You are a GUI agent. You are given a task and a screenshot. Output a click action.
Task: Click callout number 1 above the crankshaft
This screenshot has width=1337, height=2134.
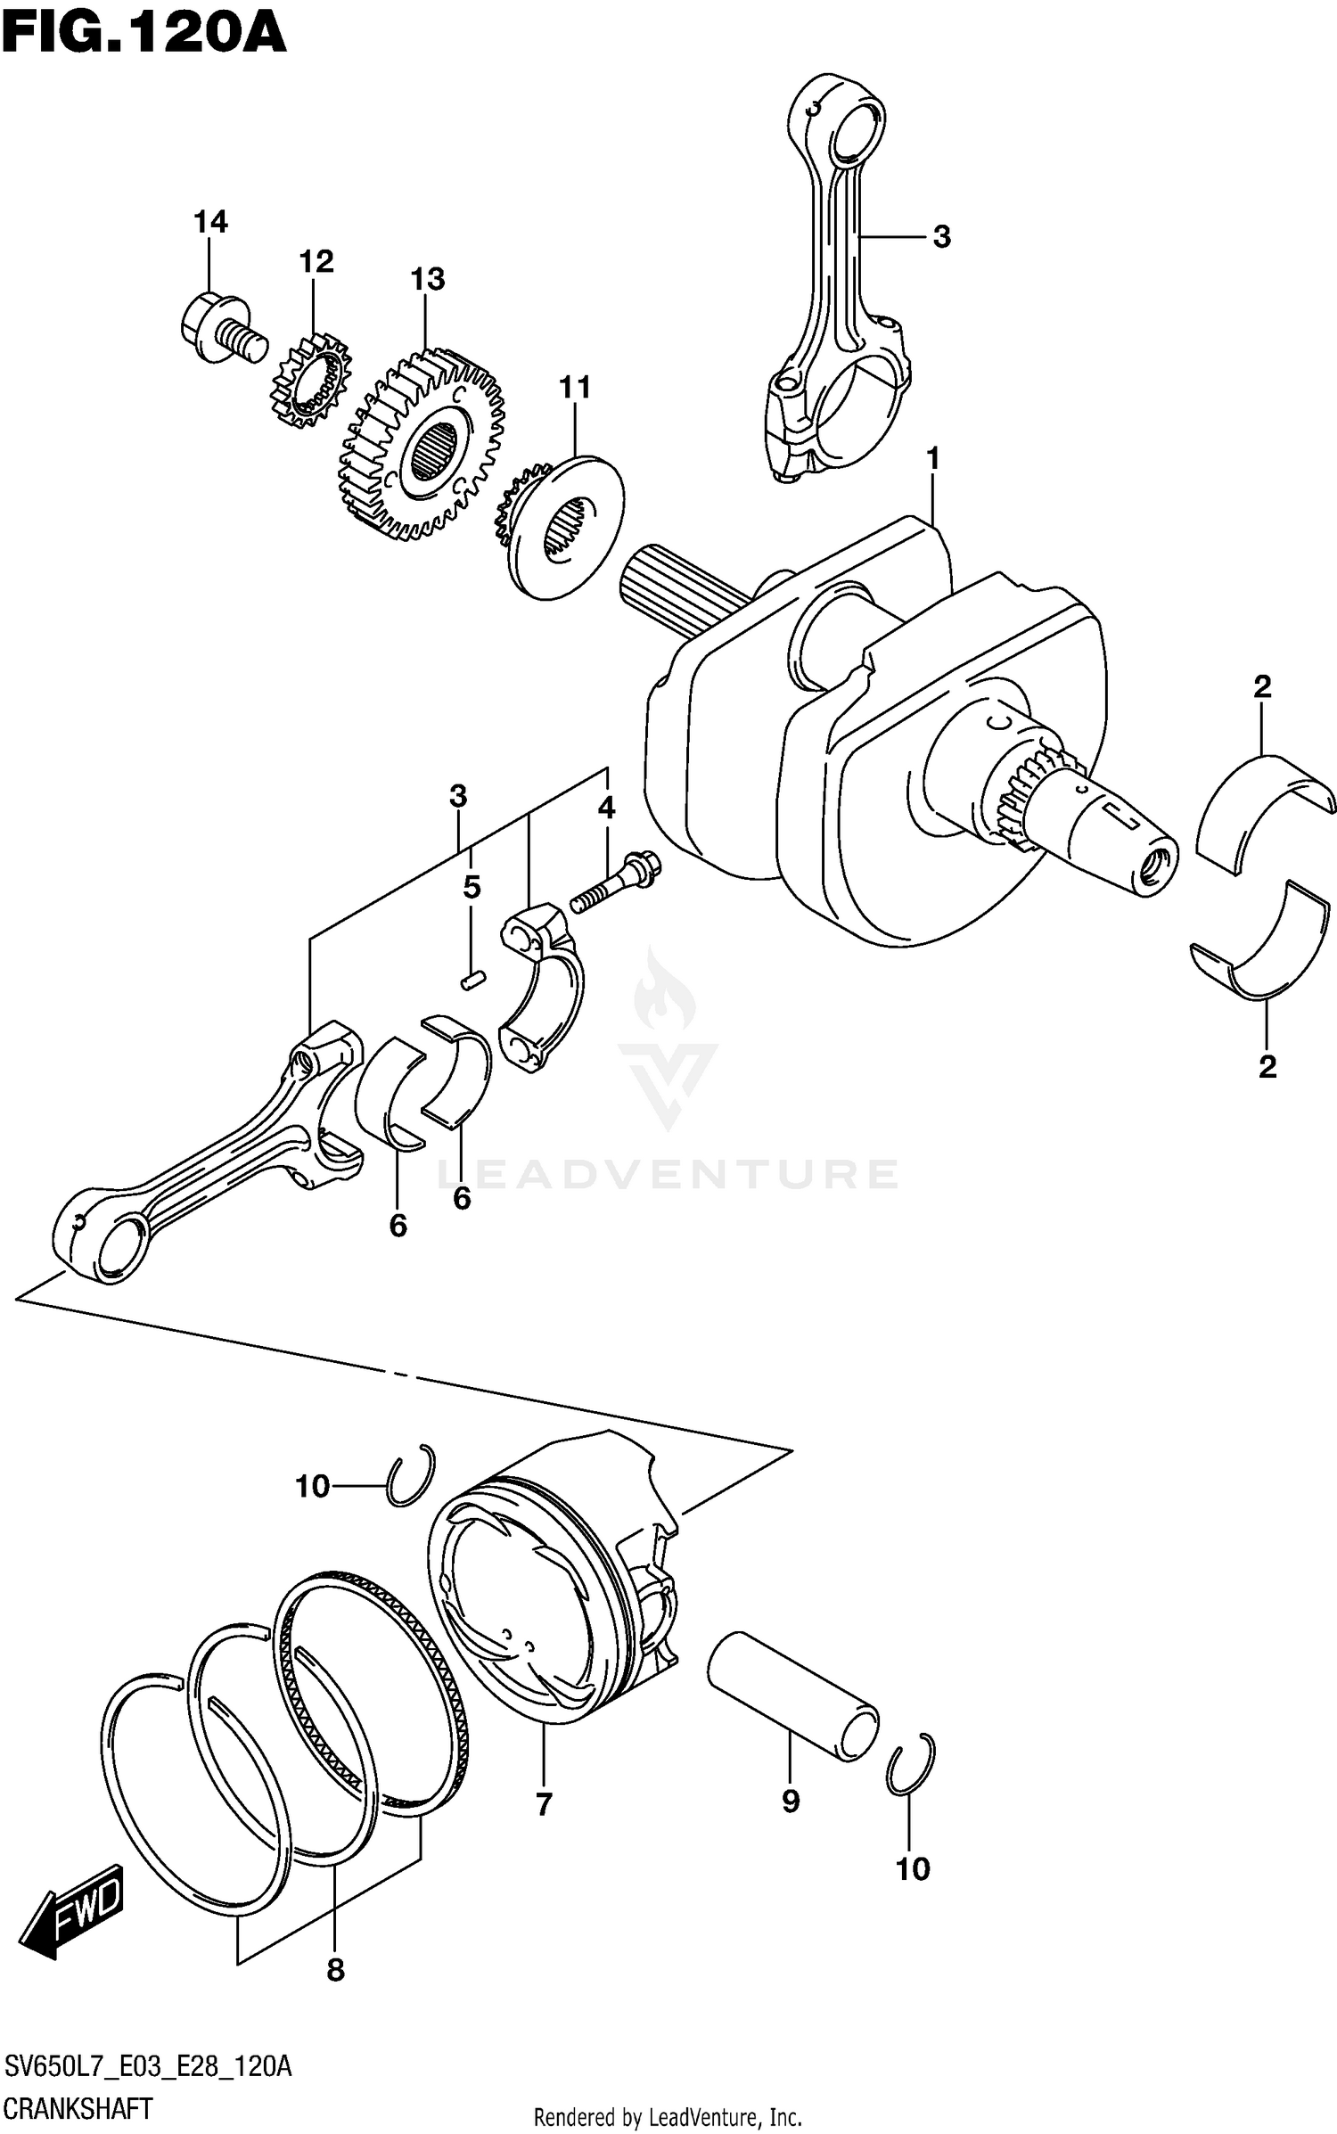[932, 459]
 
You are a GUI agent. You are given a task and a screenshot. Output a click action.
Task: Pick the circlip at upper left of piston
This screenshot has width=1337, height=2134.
[413, 1474]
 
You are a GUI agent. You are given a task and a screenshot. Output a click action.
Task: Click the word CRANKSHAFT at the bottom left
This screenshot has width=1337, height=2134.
[78, 2108]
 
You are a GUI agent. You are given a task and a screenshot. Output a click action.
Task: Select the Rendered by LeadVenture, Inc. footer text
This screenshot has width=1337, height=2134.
[668, 2116]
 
